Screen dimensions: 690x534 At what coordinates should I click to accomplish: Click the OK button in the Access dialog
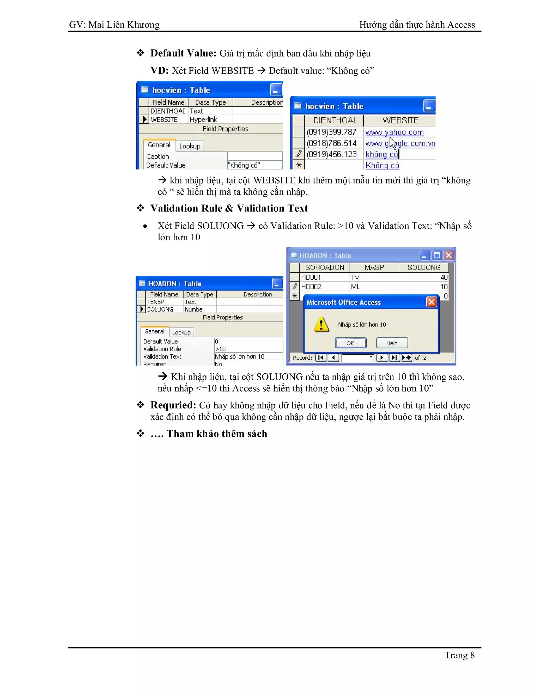click(350, 343)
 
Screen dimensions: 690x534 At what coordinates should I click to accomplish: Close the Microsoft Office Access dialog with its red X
click(432, 302)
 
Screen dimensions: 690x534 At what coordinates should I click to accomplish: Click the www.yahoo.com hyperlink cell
click(394, 132)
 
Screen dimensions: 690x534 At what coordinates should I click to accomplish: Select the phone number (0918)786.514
click(331, 143)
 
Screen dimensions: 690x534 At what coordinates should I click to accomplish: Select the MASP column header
click(374, 268)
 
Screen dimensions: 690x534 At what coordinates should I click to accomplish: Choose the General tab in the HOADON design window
click(154, 331)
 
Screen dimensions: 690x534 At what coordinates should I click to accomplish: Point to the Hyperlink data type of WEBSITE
click(203, 120)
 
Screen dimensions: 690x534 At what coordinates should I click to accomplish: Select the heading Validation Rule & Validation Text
click(229, 208)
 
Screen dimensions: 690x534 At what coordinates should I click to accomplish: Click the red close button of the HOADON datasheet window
click(448, 255)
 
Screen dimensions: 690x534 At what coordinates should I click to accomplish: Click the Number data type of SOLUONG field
click(195, 310)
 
